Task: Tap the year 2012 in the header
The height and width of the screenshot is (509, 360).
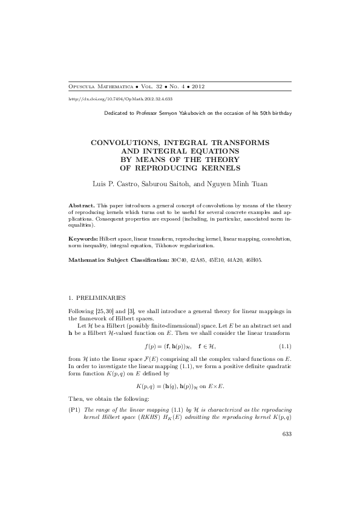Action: pos(197,87)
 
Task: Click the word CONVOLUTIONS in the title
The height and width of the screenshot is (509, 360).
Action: pos(124,141)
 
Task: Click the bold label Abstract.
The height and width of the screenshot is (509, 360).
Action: pos(82,207)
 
